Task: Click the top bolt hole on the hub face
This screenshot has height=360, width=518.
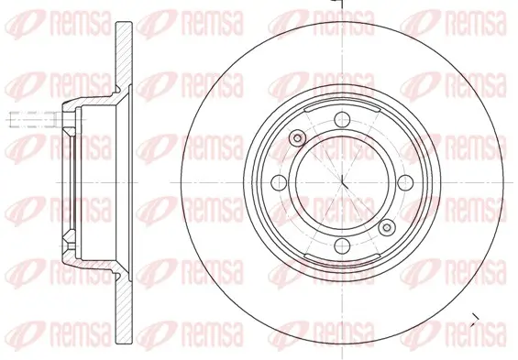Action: pyautogui.click(x=342, y=119)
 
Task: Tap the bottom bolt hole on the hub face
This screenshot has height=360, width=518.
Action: pyautogui.click(x=342, y=245)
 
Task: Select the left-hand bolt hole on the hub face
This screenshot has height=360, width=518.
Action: pyautogui.click(x=279, y=182)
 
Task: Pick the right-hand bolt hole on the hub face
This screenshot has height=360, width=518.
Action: pyautogui.click(x=405, y=182)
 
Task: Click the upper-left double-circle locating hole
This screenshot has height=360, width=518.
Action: pyautogui.click(x=297, y=138)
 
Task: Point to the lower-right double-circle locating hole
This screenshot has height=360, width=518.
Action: pyautogui.click(x=387, y=227)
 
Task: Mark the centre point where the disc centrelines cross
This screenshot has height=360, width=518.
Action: pyautogui.click(x=342, y=182)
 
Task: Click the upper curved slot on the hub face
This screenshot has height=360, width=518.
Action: pyautogui.click(x=342, y=106)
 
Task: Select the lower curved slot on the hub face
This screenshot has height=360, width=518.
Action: pyautogui.click(x=342, y=259)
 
